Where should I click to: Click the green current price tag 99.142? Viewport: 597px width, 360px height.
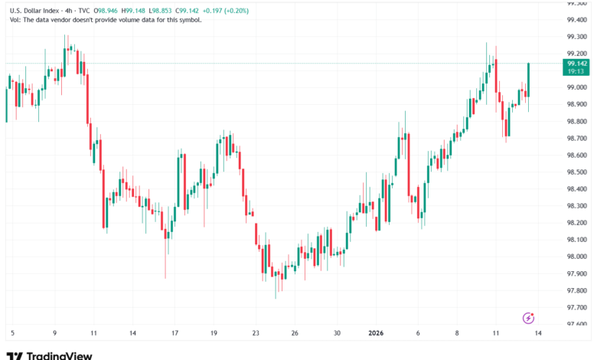pos(576,64)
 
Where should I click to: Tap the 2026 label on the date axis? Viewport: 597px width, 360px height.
pos(377,333)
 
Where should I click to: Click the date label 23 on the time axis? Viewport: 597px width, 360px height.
pos(256,333)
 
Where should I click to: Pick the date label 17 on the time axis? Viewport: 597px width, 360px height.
pos(175,333)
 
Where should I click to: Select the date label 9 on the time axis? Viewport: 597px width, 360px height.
pos(54,333)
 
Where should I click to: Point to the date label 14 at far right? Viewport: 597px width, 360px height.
pos(538,333)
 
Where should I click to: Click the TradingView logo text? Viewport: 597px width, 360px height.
pos(59,355)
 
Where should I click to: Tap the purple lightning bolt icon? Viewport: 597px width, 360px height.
pos(527,317)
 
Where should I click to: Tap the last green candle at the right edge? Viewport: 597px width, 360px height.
pos(528,80)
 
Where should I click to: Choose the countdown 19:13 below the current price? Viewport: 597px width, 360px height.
pos(576,71)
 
